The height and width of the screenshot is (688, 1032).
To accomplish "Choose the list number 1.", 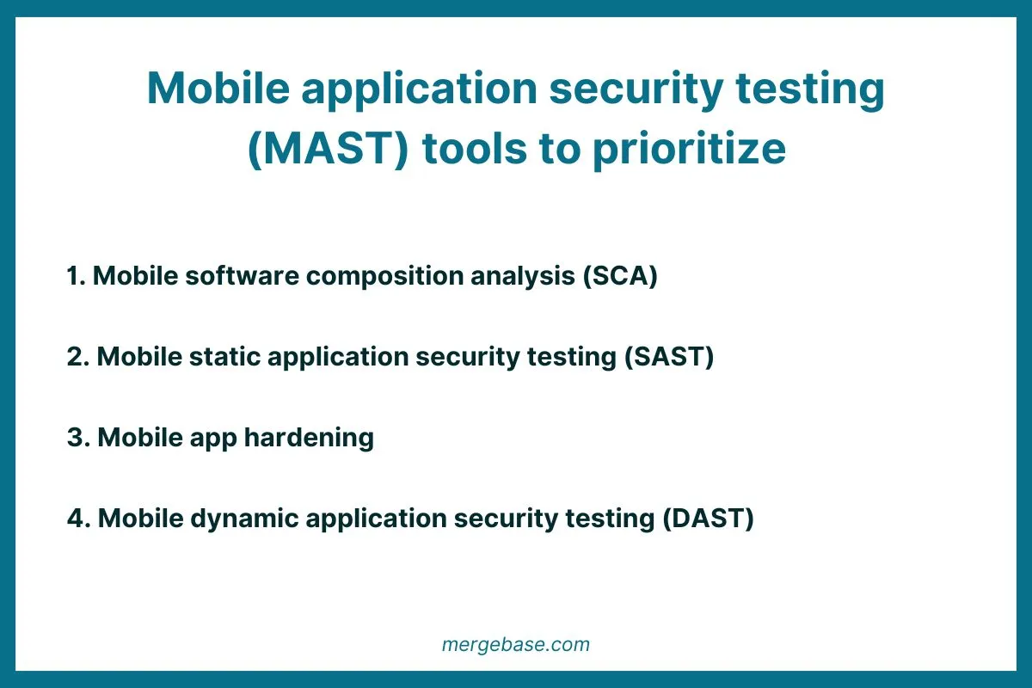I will (75, 276).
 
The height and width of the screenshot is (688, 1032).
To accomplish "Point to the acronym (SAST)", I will (669, 357).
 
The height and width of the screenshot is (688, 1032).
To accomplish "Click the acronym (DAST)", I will (708, 519).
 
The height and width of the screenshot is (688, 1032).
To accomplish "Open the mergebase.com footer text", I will (516, 644).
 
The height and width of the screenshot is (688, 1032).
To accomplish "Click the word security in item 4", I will (513, 519).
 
